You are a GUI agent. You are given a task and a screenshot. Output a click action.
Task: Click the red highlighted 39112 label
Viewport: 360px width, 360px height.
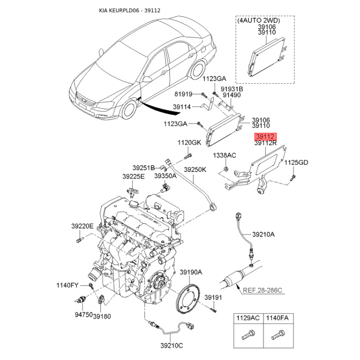pos(265,137)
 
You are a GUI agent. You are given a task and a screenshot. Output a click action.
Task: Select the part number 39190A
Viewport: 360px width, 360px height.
pos(191,272)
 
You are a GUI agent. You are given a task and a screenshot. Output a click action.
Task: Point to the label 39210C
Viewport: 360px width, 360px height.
pos(172,345)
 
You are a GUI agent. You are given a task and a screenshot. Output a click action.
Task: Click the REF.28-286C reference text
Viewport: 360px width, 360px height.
pos(262,290)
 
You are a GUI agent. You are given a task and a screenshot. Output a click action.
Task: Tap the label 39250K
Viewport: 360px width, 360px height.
pos(195,170)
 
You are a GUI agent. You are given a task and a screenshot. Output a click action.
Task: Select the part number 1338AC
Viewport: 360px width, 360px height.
pos(225,155)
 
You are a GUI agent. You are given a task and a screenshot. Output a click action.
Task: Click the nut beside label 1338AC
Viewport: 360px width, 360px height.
pos(226,169)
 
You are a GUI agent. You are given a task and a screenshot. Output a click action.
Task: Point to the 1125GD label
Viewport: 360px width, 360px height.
pos(296,162)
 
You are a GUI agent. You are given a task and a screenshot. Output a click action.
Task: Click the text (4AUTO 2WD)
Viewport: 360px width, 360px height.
pos(258,20)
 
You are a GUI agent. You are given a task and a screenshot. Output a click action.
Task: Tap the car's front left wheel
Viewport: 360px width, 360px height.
pos(129,110)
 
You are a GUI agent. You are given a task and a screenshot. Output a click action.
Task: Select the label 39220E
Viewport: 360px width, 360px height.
pos(82,226)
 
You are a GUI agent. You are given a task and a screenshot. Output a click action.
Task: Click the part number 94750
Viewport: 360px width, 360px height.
pos(84,315)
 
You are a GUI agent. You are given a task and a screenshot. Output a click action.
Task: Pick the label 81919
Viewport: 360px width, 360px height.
pos(183,94)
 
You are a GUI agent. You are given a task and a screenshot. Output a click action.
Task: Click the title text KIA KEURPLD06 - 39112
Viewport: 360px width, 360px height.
pos(130,10)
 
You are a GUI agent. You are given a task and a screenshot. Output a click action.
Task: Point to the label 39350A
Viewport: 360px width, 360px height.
pos(165,176)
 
